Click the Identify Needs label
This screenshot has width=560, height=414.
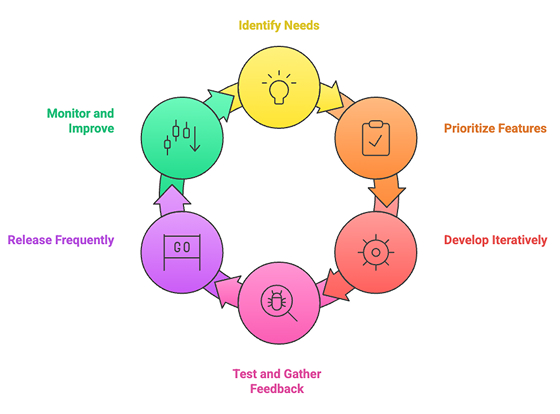(279, 24)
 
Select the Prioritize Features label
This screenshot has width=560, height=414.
(494, 127)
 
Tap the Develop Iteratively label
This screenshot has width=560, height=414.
(494, 240)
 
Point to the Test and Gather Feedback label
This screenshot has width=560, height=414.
(279, 381)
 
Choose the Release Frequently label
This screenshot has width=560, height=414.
(60, 240)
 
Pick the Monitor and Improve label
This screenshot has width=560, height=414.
(79, 120)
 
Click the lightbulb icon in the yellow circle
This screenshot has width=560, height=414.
(279, 88)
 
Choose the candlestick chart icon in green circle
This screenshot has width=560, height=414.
(183, 135)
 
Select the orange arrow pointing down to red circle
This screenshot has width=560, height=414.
(386, 193)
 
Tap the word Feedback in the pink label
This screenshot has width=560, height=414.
(279, 389)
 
